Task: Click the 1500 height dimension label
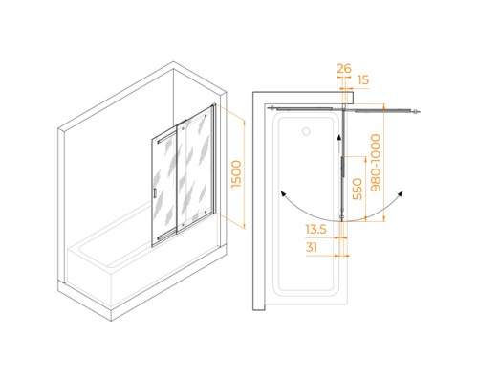(237, 174)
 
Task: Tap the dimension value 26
(344, 69)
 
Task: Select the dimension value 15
(363, 80)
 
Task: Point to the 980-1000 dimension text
(376, 163)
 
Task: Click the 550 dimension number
(358, 189)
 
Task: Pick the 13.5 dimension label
(316, 229)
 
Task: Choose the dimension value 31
(312, 247)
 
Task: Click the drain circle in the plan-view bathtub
(306, 131)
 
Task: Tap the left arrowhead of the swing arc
(282, 193)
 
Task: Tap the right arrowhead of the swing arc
(401, 193)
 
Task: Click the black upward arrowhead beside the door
(339, 138)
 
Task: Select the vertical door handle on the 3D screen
(154, 193)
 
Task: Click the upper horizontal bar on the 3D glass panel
(166, 138)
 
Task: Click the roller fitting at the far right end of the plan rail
(416, 112)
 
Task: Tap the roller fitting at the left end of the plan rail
(272, 108)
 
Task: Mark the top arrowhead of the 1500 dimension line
(245, 123)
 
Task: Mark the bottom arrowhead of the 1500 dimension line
(245, 226)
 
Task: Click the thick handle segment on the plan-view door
(343, 166)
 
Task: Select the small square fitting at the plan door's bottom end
(342, 218)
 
